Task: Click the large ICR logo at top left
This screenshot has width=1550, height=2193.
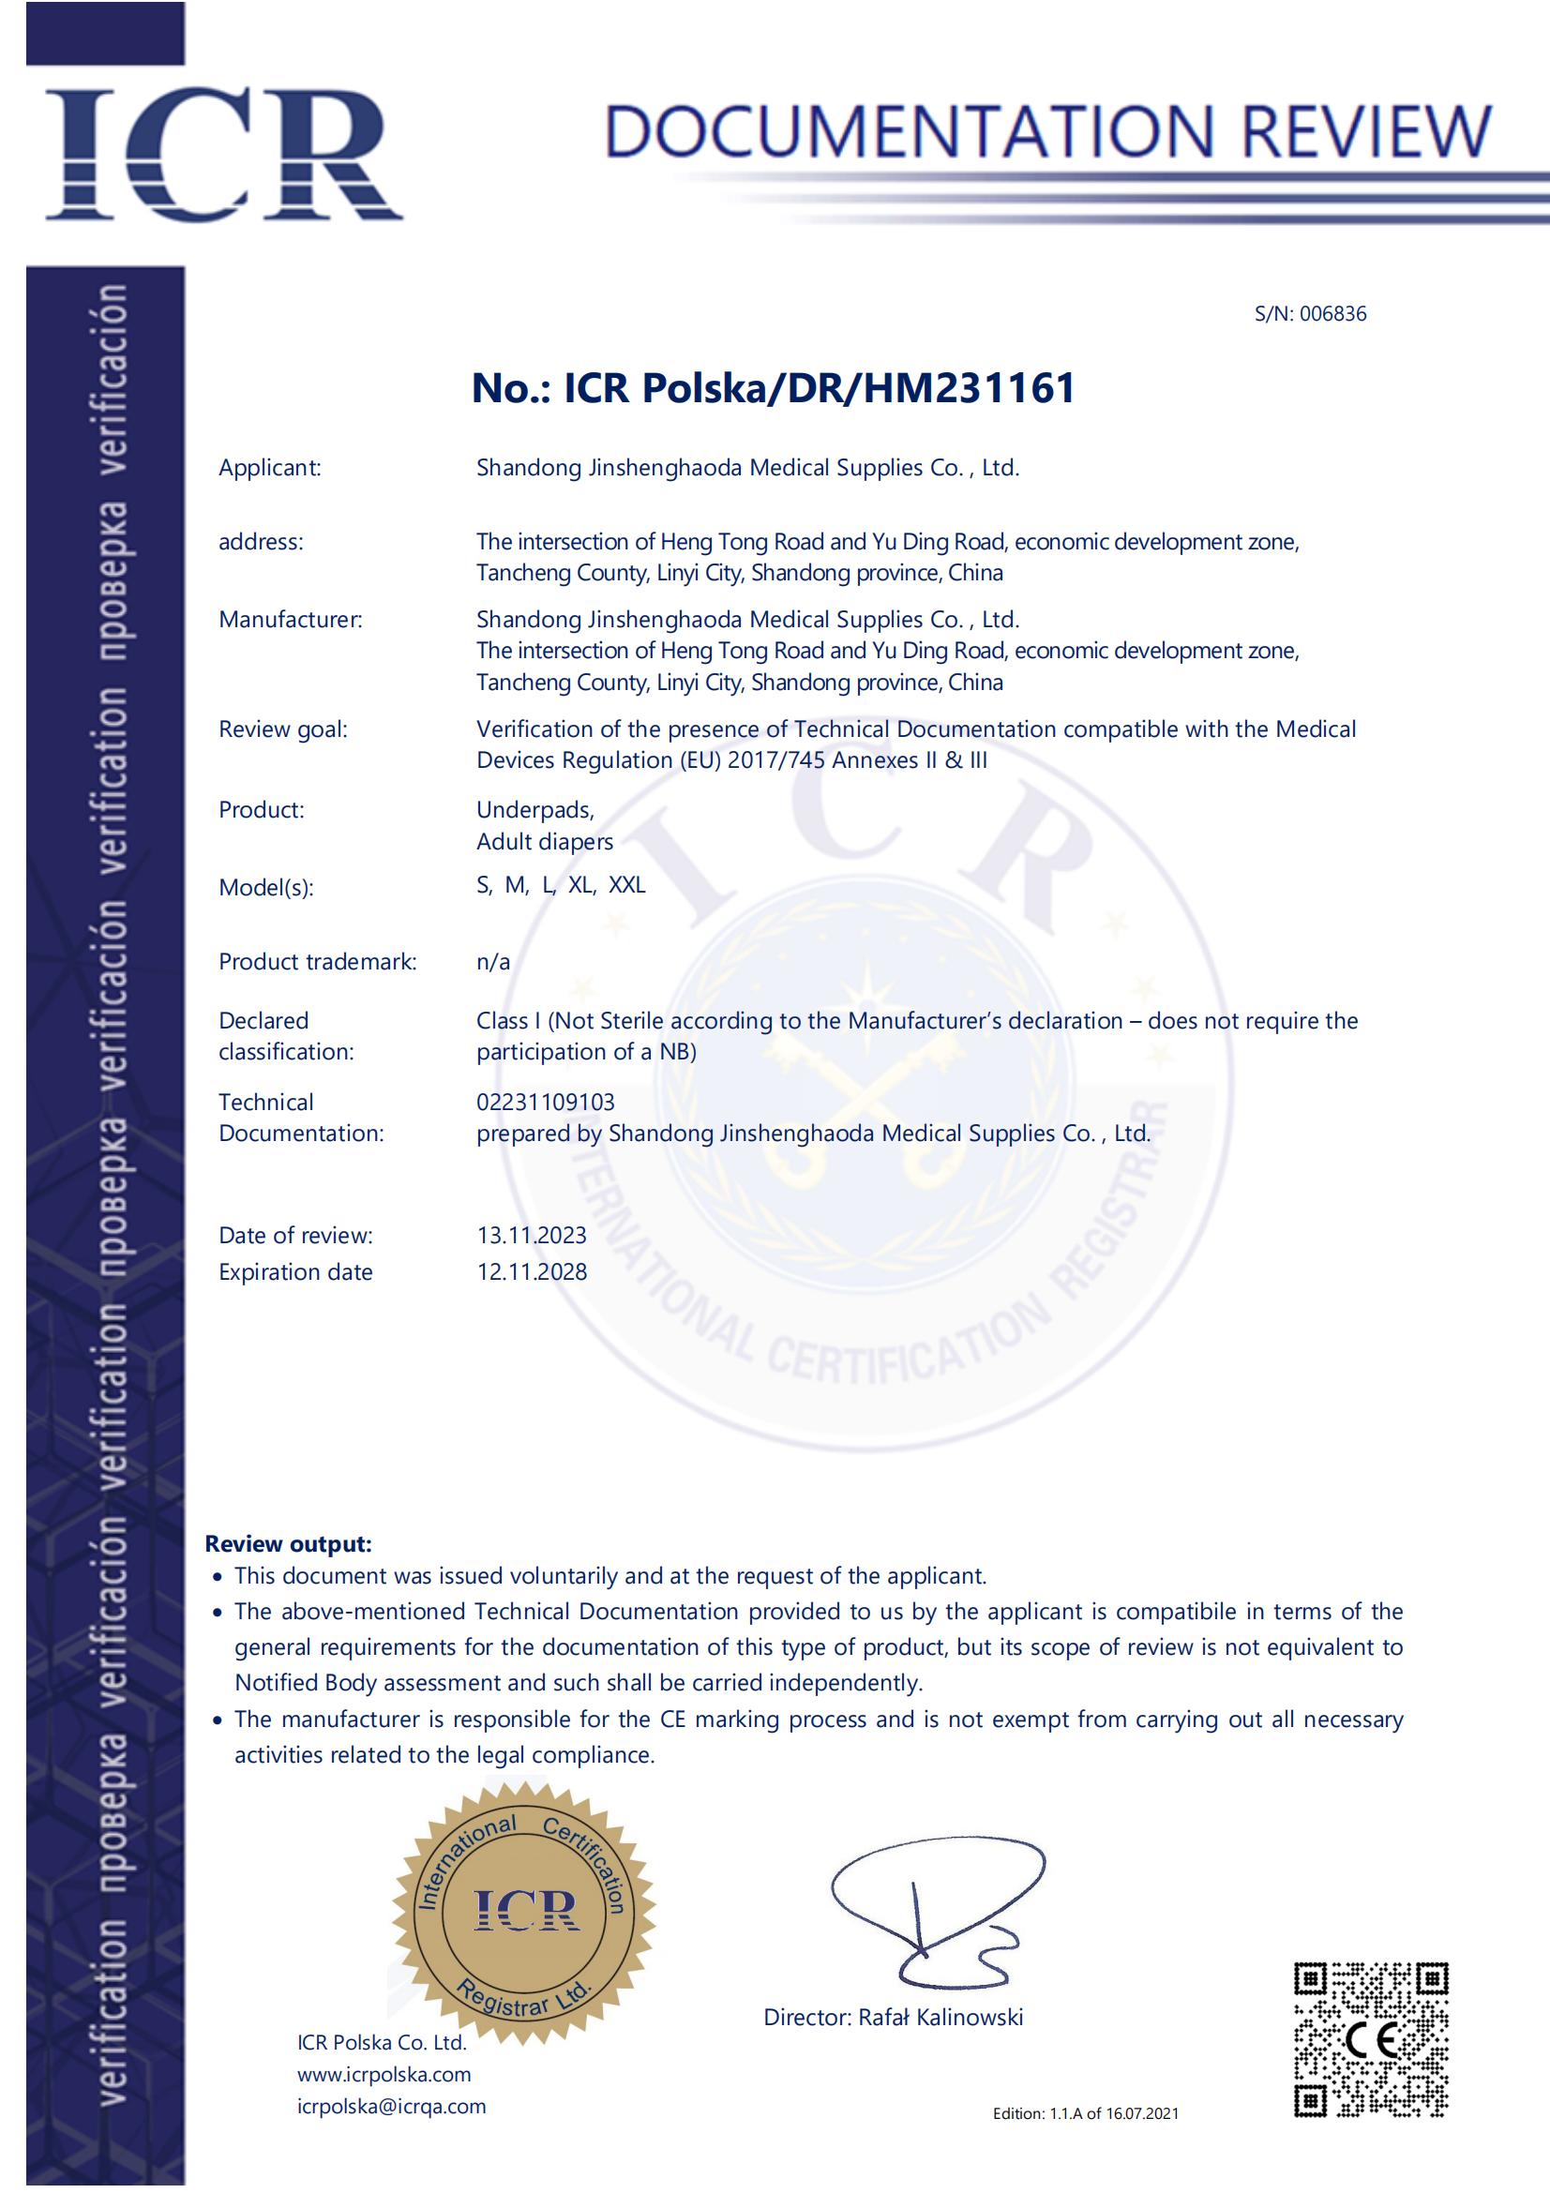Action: point(223,153)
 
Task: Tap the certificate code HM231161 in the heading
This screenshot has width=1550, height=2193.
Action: point(970,389)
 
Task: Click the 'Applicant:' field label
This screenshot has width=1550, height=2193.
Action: point(270,468)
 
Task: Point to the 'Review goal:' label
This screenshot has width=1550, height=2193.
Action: point(282,729)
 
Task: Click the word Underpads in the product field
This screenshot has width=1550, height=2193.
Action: point(534,810)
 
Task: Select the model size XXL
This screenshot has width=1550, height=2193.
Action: point(626,885)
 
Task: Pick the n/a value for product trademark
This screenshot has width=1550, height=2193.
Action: point(493,962)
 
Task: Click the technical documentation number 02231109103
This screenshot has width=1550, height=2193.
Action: point(546,1103)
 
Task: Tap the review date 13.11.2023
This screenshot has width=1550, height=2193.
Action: point(532,1236)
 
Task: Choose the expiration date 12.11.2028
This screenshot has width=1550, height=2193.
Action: point(532,1272)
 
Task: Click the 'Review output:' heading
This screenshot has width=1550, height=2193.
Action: point(289,1544)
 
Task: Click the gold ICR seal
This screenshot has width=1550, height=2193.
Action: point(524,1910)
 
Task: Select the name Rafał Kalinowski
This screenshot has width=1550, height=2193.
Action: point(940,2018)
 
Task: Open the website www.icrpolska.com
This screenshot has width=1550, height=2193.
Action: point(384,2075)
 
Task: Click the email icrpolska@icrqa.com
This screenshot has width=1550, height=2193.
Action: point(392,2106)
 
